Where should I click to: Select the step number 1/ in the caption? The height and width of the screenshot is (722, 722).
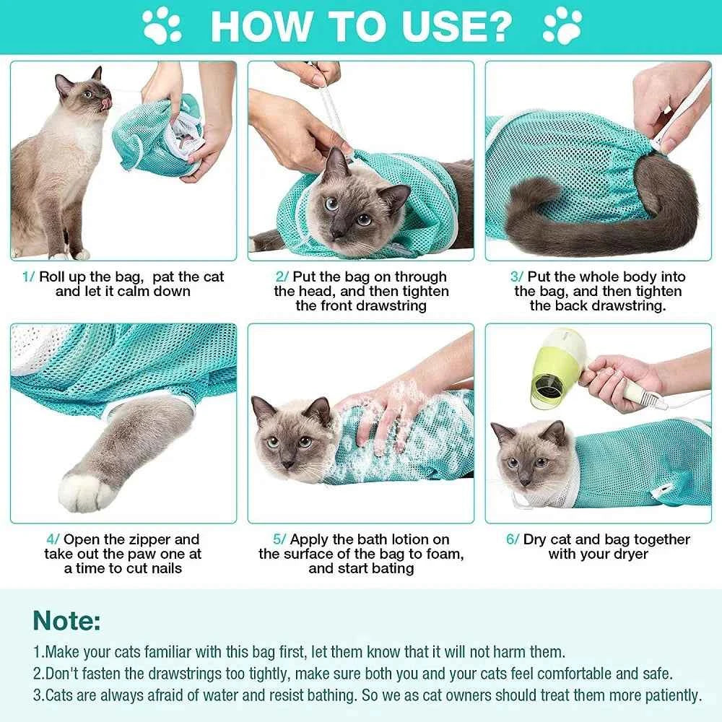[x=28, y=277]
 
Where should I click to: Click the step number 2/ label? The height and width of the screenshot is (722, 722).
[x=282, y=277]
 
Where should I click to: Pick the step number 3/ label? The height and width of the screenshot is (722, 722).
[x=517, y=277]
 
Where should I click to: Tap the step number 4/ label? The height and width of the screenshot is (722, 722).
[x=53, y=539]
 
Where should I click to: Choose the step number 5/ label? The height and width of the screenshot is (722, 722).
[x=281, y=539]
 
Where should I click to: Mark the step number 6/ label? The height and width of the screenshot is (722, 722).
[x=512, y=539]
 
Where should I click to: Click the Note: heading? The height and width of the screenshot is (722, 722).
[x=66, y=620]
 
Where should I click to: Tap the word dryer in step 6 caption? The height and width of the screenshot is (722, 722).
[x=628, y=554]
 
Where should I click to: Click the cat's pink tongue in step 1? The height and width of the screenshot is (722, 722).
[x=108, y=105]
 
